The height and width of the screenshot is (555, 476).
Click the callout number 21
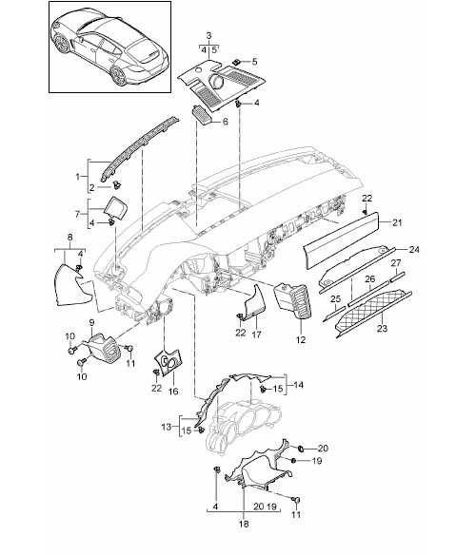(x=397, y=222)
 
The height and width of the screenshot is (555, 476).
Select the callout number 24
(x=414, y=250)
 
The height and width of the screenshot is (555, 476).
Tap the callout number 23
(x=382, y=329)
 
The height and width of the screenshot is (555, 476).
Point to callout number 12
(x=301, y=340)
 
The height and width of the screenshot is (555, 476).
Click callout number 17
(x=256, y=335)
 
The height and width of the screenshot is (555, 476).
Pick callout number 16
(x=173, y=392)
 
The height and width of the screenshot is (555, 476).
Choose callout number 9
(x=91, y=322)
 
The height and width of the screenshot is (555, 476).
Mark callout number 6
(x=225, y=122)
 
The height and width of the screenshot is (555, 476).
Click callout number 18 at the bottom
(x=244, y=524)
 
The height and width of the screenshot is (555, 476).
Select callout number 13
(x=167, y=427)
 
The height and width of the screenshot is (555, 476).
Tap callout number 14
(x=299, y=385)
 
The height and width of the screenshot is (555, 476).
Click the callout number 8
(x=69, y=238)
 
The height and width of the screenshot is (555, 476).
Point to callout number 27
(x=396, y=263)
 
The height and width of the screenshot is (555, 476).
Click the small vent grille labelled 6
(x=203, y=115)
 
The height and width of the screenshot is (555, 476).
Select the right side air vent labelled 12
(x=293, y=300)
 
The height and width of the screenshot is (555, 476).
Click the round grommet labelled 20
(x=301, y=449)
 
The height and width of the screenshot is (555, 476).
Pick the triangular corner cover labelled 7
(x=117, y=206)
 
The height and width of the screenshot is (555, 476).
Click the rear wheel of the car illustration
(x=118, y=75)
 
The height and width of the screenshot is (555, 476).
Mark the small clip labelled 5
(x=236, y=62)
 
